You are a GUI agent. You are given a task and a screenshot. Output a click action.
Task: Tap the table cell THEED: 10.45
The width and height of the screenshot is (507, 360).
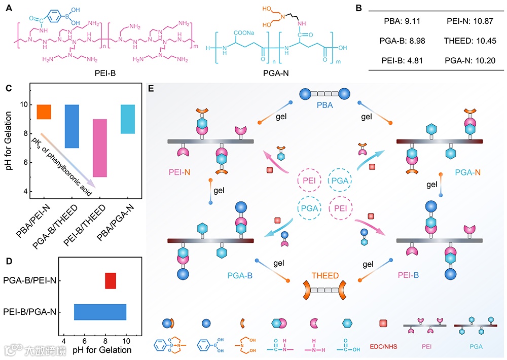pyautogui.click(x=463, y=41)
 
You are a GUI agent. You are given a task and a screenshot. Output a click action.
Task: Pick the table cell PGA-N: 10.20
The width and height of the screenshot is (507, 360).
pyautogui.click(x=463, y=60)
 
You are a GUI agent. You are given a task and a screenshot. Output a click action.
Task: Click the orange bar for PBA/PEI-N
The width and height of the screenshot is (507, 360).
pyautogui.click(x=44, y=112)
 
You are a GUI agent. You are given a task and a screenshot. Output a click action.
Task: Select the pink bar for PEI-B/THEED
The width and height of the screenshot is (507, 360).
pyautogui.click(x=99, y=148)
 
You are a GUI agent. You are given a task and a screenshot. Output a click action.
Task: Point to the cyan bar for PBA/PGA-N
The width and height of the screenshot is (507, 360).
pyautogui.click(x=128, y=119)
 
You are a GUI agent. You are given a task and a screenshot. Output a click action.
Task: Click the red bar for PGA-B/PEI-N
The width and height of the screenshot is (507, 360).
pyautogui.click(x=111, y=280)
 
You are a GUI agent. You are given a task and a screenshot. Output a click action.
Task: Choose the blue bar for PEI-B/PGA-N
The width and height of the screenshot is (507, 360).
pyautogui.click(x=100, y=312)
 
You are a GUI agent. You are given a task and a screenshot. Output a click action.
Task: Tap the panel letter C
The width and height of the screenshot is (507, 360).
pyautogui.click(x=9, y=88)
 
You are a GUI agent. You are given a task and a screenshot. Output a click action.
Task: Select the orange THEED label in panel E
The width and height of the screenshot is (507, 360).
pyautogui.click(x=325, y=276)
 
